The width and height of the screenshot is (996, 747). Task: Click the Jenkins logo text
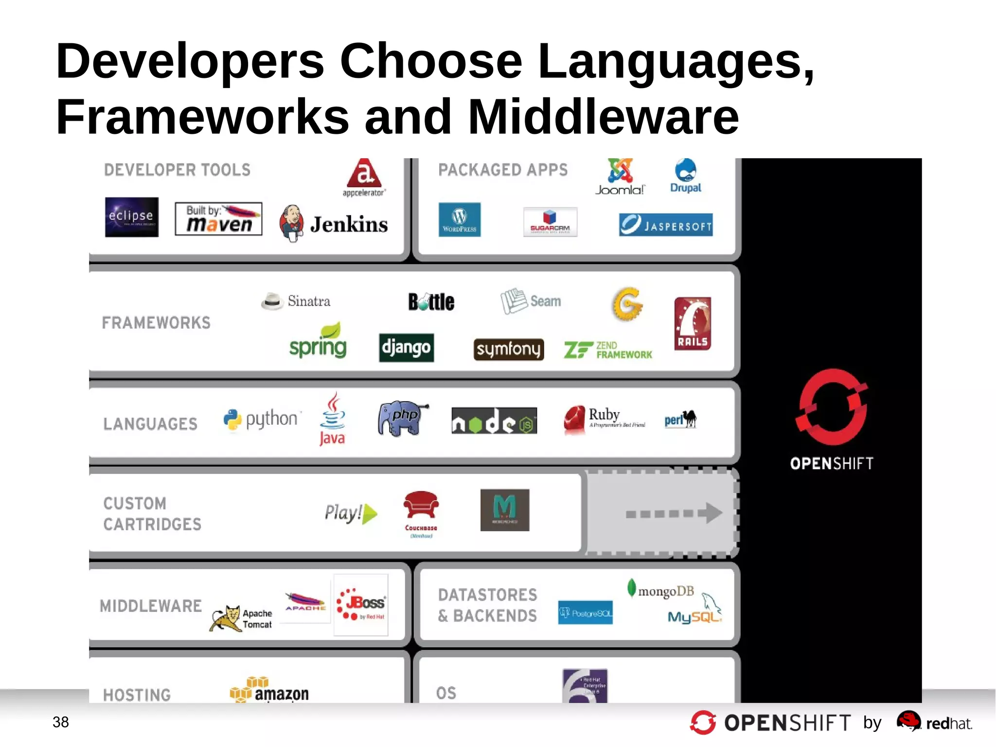pyautogui.click(x=349, y=224)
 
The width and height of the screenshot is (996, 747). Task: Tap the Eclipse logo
pyautogui.click(x=131, y=217)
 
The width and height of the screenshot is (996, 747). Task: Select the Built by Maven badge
pyautogui.click(x=218, y=219)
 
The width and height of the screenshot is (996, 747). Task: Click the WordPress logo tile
pyautogui.click(x=459, y=220)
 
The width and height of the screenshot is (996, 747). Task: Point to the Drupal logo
pyautogui.click(x=686, y=176)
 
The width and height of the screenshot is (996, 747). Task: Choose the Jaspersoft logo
pyautogui.click(x=665, y=225)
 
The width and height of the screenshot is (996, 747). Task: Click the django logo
pyautogui.click(x=406, y=347)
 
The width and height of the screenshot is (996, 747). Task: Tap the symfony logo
pyautogui.click(x=508, y=349)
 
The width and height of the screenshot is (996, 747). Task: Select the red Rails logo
pyautogui.click(x=693, y=324)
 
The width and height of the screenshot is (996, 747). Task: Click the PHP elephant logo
pyautogui.click(x=402, y=418)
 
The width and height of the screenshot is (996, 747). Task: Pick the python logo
pyautogui.click(x=262, y=419)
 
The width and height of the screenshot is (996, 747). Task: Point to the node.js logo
pyautogui.click(x=494, y=421)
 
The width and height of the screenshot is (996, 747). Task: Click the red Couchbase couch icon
pyautogui.click(x=421, y=506)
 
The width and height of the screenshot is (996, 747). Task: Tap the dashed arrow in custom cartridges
pyautogui.click(x=673, y=513)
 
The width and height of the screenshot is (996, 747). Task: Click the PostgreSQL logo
pyautogui.click(x=585, y=613)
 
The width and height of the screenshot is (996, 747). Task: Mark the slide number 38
pyautogui.click(x=61, y=722)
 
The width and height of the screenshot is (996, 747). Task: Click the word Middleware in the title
pyautogui.click(x=603, y=117)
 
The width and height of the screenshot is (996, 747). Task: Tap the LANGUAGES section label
pyautogui.click(x=150, y=424)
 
